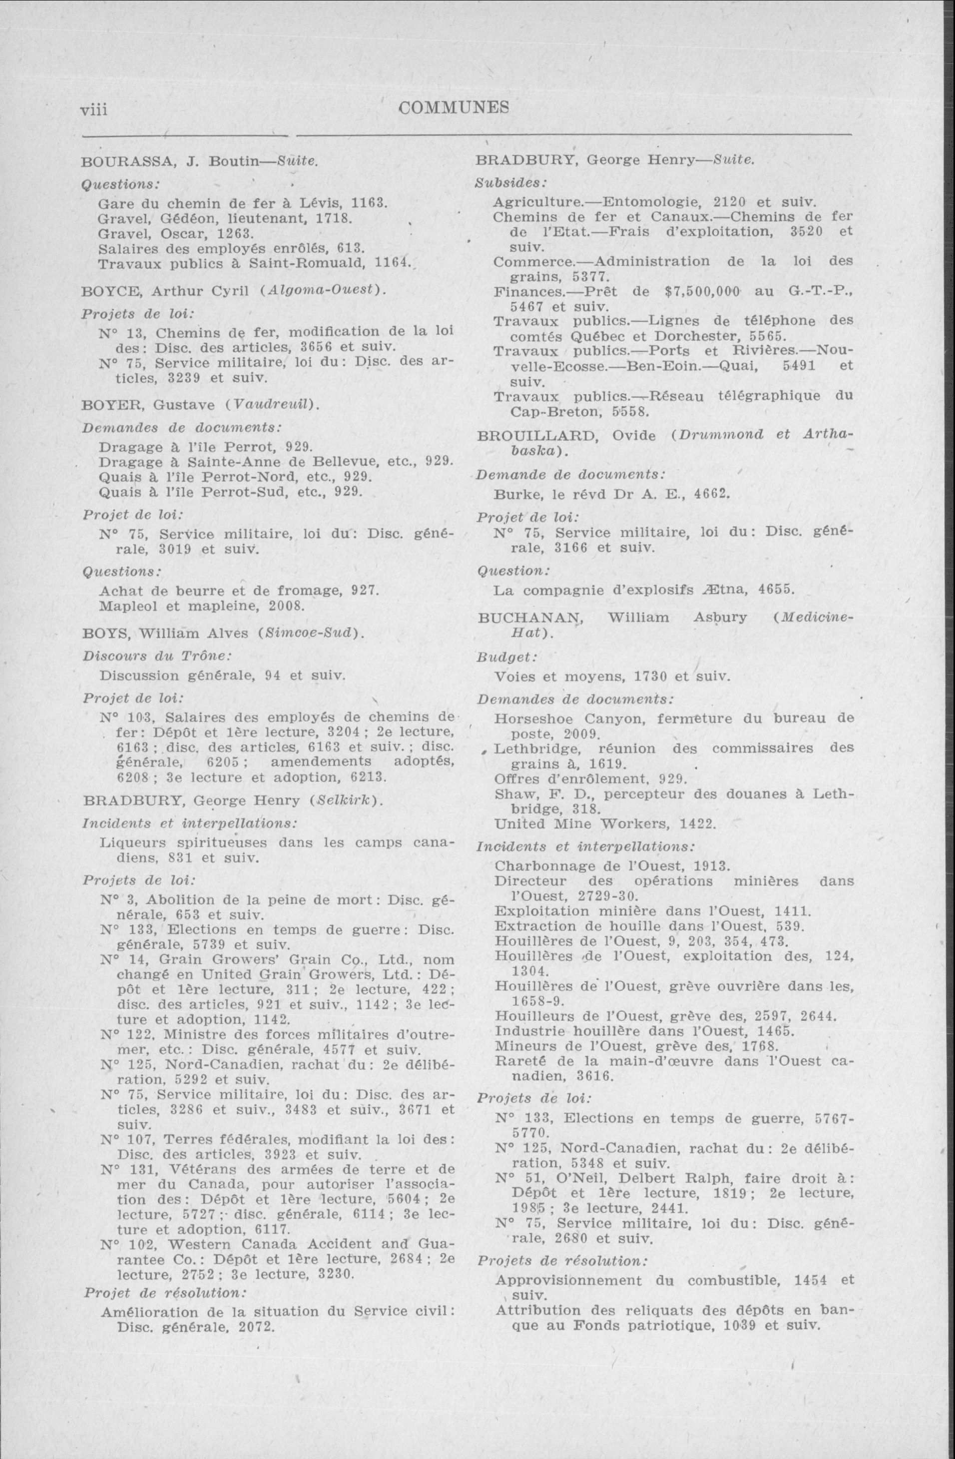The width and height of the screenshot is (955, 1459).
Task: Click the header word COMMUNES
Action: pos(454,108)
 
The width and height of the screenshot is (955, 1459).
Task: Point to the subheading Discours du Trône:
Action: pos(156,656)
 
